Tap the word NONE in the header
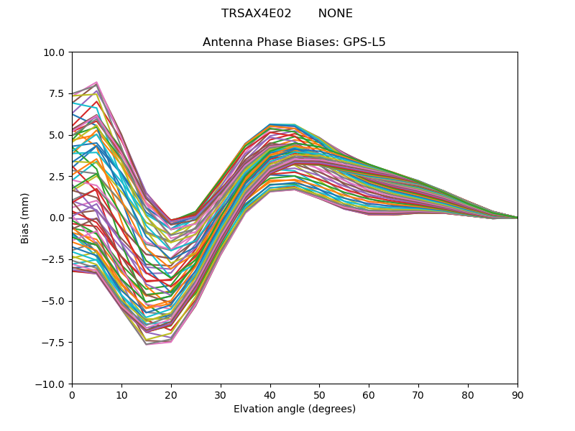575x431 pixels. [335, 14]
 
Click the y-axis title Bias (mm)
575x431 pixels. [25, 218]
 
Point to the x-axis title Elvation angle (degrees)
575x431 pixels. [295, 409]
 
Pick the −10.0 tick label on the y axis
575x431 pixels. [52, 384]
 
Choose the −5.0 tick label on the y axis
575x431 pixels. [55, 301]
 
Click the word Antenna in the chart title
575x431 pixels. [225, 42]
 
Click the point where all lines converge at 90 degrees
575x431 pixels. [517, 218]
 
